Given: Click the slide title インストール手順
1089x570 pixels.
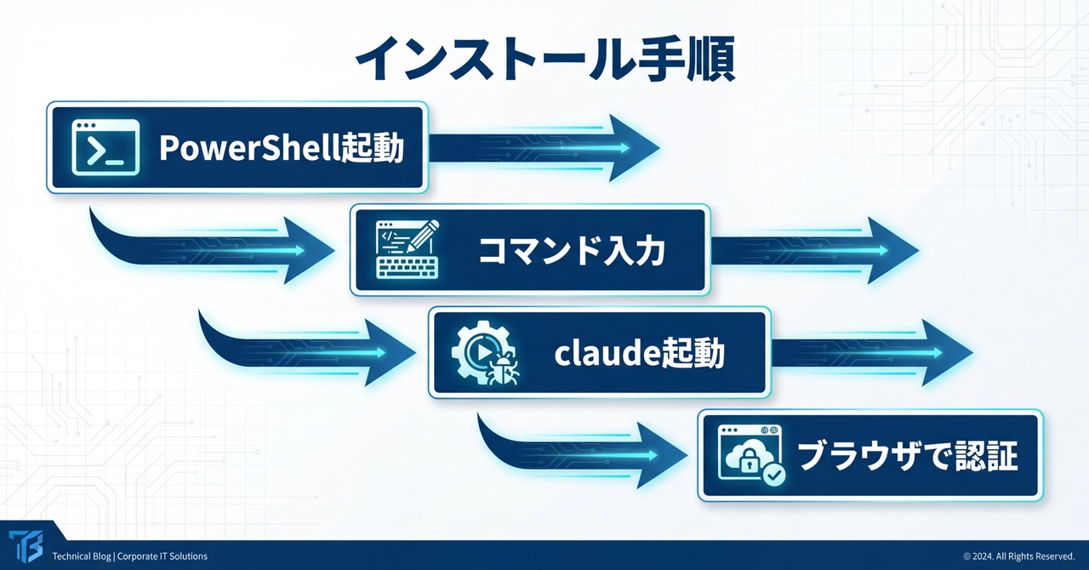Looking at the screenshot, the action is pos(545,59).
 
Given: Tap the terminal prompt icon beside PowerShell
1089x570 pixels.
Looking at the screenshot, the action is pos(105,147).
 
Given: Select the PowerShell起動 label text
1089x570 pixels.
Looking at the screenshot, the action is pos(282,148).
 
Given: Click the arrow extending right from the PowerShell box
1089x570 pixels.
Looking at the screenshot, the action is pos(544,148).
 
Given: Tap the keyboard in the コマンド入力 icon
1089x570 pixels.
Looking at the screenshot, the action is pos(408,268).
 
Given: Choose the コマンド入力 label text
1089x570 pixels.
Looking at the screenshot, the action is pos(572,251).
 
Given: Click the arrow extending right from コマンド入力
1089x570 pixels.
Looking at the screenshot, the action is pos(815,250).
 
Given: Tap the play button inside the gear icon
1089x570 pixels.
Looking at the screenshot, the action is pos(482,352).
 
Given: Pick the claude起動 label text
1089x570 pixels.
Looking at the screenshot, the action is pos(639,354).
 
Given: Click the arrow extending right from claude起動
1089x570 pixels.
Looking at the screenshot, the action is pos(872,352).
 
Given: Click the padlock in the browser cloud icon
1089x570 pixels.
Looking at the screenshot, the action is pos(749,463).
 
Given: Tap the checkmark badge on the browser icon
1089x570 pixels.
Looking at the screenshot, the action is pos(774,475).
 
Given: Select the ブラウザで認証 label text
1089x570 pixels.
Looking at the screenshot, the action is pos(908,456).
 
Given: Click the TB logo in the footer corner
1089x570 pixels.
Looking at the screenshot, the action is pos(26,546).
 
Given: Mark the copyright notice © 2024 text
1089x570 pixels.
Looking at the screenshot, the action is pos(1019,556).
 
